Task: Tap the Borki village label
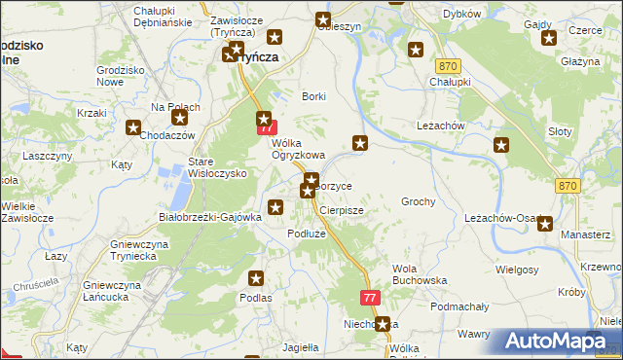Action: coord(313,96)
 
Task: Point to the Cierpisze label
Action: coord(341,209)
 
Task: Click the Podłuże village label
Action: coord(305,234)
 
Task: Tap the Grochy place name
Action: coord(418,201)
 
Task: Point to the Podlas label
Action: coord(256,297)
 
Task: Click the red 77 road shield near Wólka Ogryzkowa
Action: coord(264,127)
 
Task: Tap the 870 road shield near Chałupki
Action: coord(448,65)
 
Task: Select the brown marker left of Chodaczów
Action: coord(133,127)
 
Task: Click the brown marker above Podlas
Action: coord(256,277)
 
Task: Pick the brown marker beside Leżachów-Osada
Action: coord(544,224)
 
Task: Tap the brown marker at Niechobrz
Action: coord(384,324)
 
